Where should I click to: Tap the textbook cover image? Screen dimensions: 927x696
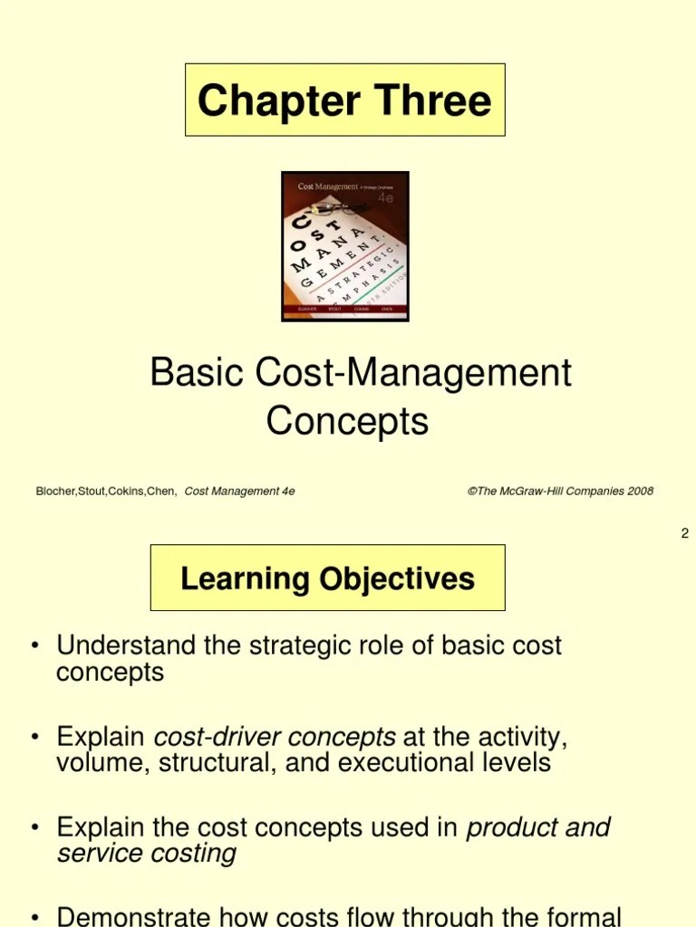pos(345,246)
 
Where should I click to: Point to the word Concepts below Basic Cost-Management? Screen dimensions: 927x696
pos(347,421)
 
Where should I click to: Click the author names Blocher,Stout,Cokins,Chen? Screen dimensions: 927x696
pos(106,492)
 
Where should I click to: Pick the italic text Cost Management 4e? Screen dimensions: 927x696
pos(239,492)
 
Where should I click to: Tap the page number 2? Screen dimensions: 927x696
pos(685,533)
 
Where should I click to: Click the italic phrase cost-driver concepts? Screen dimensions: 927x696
pos(275,736)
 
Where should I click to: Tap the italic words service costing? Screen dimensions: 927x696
pos(146,853)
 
